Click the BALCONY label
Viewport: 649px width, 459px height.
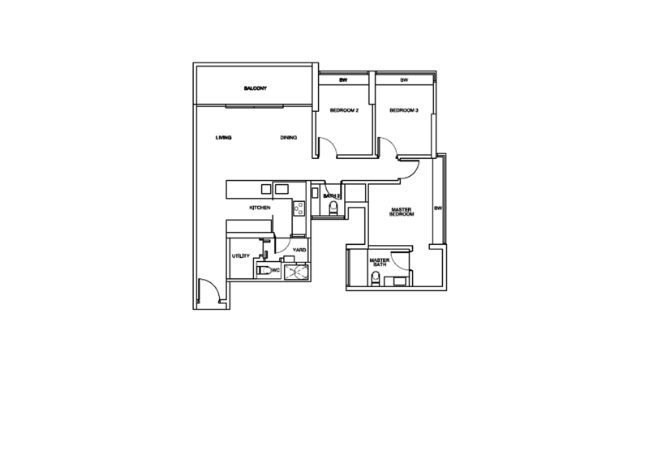click(255, 88)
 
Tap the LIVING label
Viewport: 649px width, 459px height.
click(224, 138)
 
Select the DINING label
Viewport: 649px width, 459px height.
click(289, 138)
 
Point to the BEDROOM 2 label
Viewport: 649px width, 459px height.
click(344, 110)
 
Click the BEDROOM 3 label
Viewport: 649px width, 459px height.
click(402, 110)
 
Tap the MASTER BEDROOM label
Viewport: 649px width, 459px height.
click(402, 212)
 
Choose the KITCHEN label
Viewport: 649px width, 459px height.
click(260, 208)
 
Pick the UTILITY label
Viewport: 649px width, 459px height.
click(240, 256)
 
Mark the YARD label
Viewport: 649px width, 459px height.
click(298, 249)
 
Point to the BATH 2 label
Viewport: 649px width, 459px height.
click(329, 195)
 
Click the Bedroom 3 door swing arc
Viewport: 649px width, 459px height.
click(388, 146)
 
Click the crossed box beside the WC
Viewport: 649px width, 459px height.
click(295, 272)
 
